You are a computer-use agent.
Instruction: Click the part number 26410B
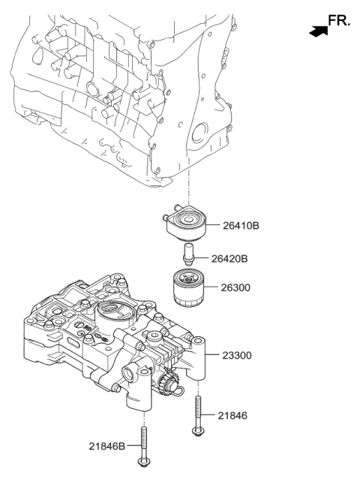(244, 224)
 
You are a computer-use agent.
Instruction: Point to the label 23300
(238, 357)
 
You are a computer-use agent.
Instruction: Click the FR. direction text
(338, 22)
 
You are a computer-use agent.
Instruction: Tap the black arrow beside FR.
(317, 32)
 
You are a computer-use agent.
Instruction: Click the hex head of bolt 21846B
(141, 461)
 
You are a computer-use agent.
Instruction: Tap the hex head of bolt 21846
(199, 431)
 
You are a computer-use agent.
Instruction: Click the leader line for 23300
(212, 356)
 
